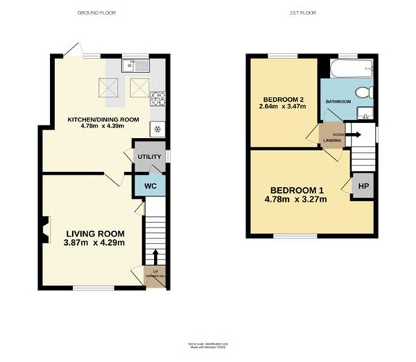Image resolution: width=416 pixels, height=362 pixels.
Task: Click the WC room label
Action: (x=150, y=186)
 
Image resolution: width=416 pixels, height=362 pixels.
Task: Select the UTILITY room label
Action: (x=149, y=156)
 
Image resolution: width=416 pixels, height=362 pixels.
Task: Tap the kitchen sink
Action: (x=135, y=67)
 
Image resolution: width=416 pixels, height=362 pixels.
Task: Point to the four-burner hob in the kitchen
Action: (x=158, y=98)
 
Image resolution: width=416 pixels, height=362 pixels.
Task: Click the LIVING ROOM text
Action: (x=95, y=234)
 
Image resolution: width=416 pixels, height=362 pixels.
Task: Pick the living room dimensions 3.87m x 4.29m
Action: (x=95, y=244)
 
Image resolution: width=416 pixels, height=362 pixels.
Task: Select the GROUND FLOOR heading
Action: (x=96, y=13)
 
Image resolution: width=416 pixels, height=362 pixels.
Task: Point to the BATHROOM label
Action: (x=338, y=102)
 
